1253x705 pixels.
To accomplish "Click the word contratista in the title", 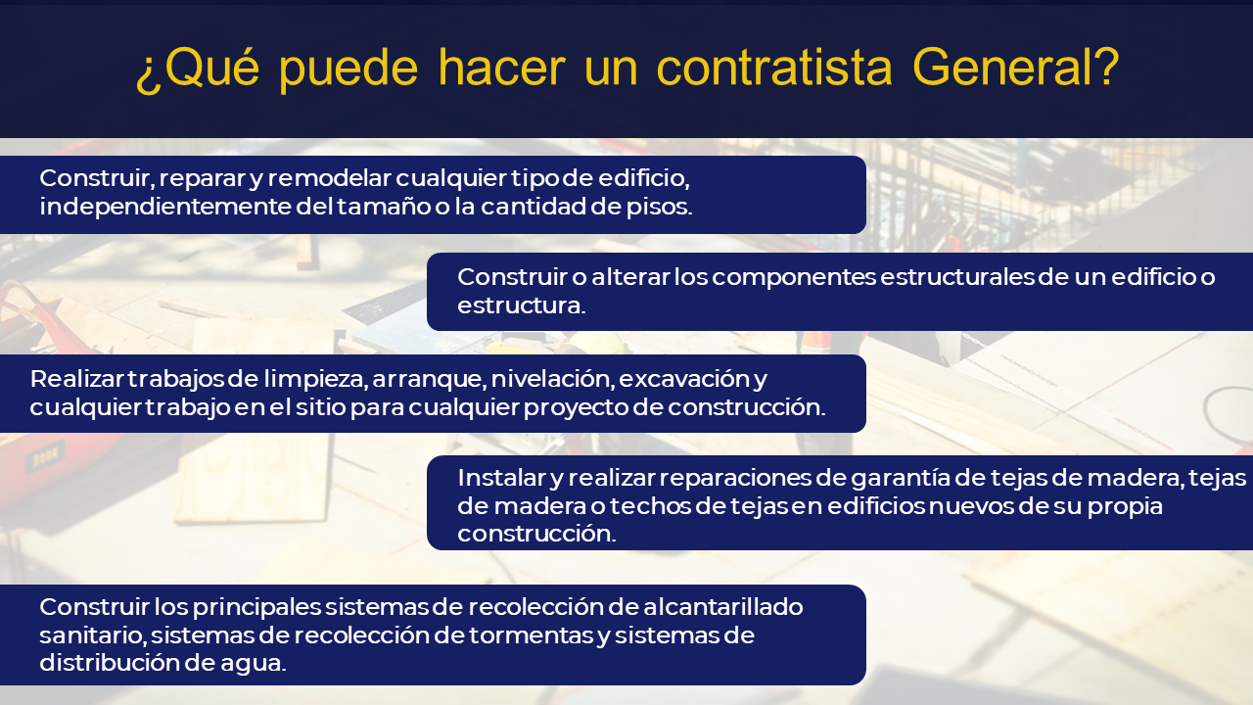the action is point(774,68).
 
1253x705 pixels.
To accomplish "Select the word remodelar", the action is point(329,178).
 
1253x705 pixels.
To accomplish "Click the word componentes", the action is point(794,278).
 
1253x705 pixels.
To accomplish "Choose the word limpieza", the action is point(315,379).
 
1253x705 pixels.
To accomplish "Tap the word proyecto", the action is point(576,408).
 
